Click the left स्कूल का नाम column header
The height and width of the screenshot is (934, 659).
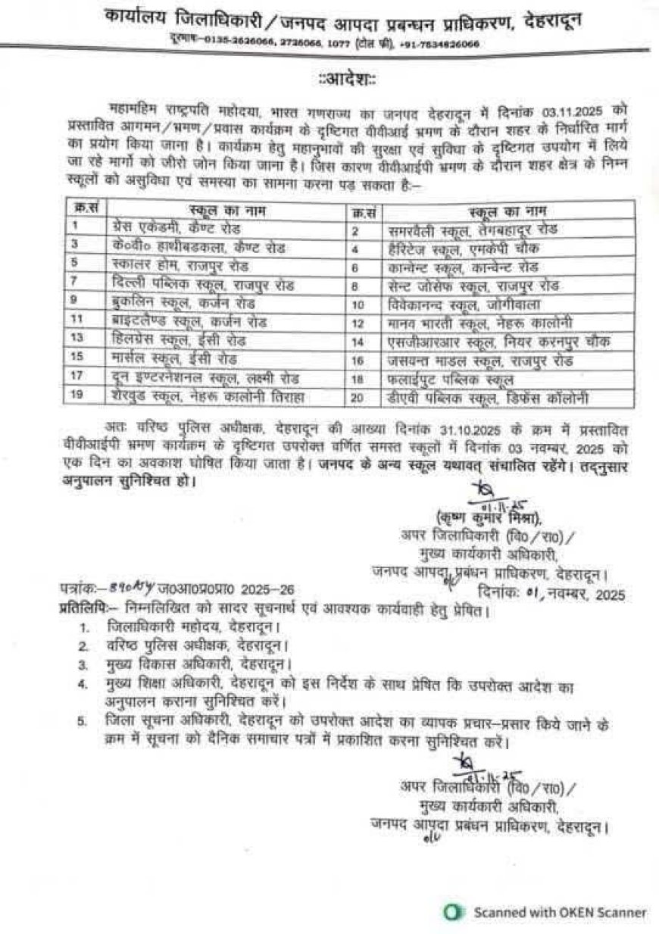point(226,208)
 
